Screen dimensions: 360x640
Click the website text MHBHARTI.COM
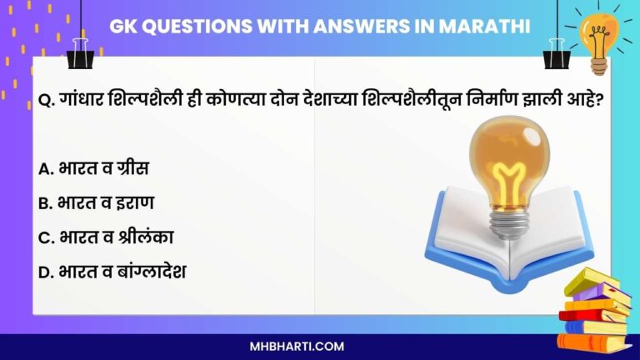(x=320, y=346)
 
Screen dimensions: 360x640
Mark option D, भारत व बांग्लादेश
(x=122, y=270)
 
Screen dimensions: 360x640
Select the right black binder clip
(x=555, y=54)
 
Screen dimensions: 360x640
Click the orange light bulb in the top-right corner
(x=598, y=37)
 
